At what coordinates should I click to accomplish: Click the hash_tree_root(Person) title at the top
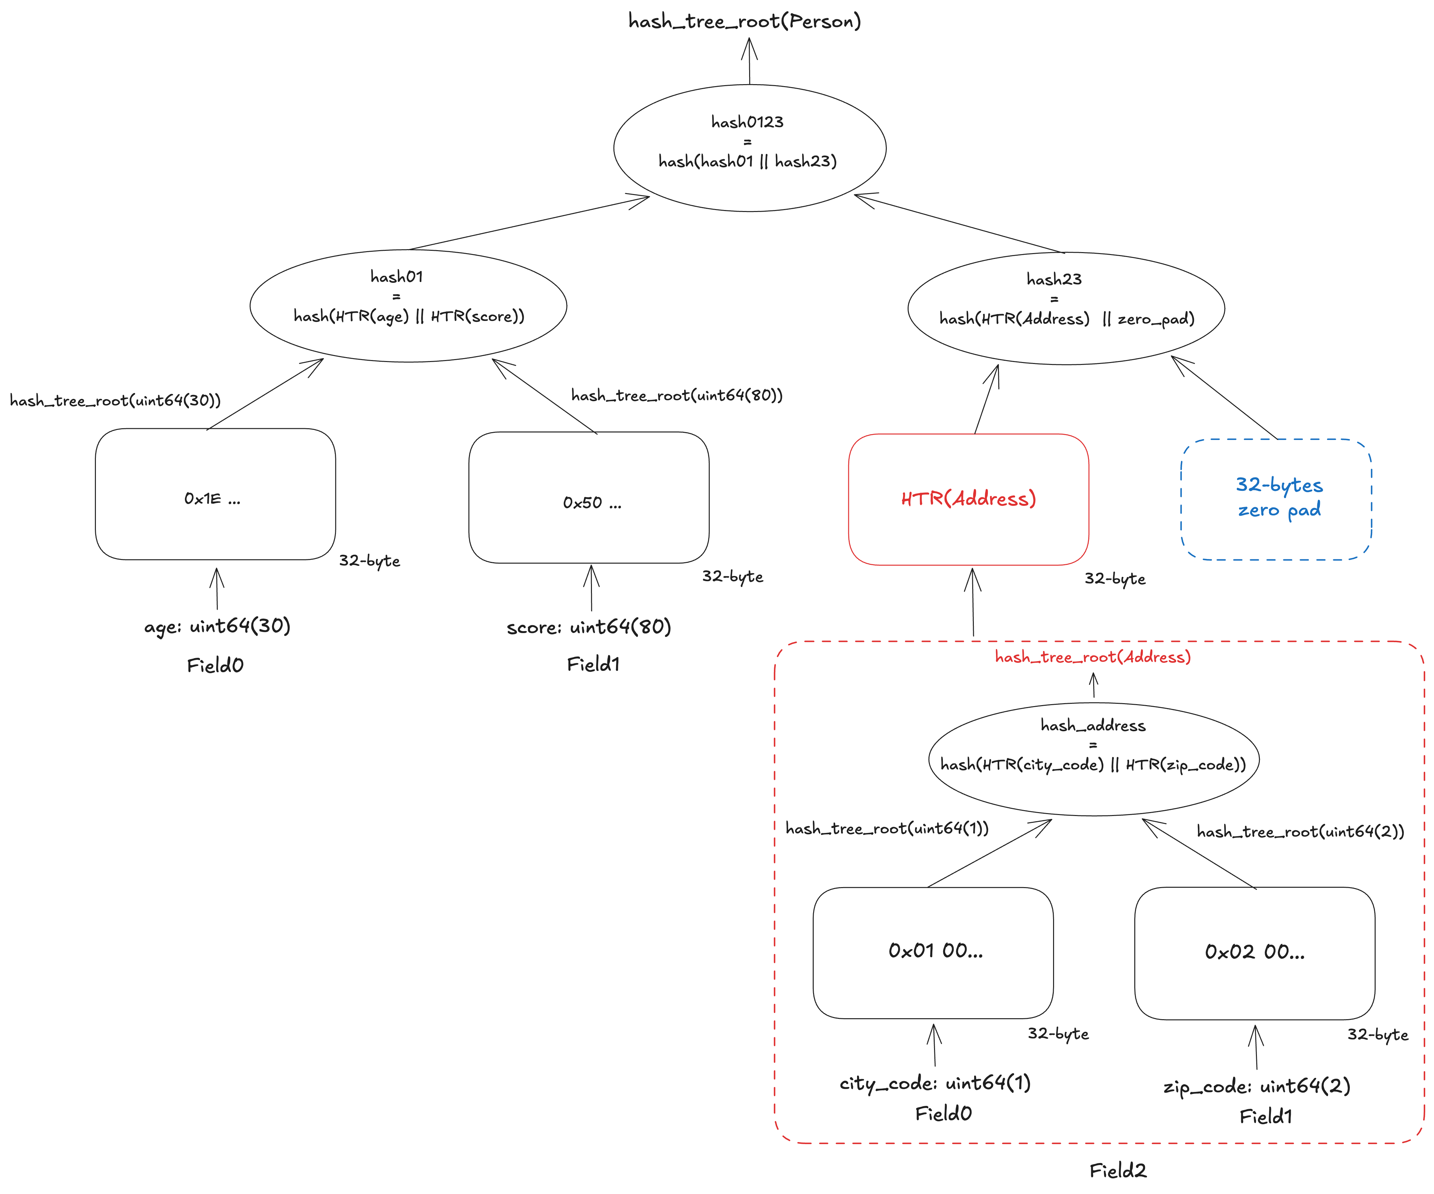[x=744, y=21]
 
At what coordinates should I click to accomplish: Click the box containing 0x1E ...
[x=215, y=494]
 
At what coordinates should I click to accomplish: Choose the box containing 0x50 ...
[x=589, y=497]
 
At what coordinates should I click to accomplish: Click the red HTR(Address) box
[x=968, y=499]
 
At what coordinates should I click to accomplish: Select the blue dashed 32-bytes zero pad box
[x=1276, y=499]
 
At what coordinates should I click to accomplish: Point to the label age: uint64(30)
[x=217, y=626]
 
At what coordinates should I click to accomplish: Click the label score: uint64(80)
[x=589, y=627]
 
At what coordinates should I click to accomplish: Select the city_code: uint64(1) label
[x=935, y=1083]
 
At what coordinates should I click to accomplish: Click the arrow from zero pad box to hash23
[x=1224, y=398]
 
